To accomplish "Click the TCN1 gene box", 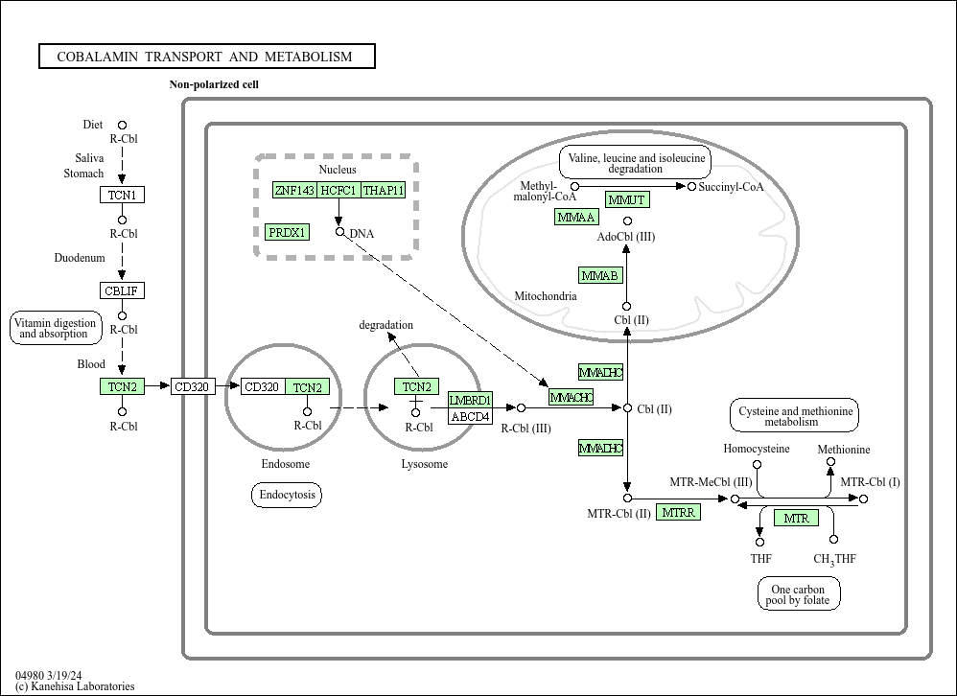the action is coord(122,195).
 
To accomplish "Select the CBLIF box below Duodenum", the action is coord(122,290).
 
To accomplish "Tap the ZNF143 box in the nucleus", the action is coord(294,190).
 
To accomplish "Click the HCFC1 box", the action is coord(338,190).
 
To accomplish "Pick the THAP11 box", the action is coord(384,190).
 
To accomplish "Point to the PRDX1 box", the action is coord(288,232).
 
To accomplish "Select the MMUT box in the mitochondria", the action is coord(627,199).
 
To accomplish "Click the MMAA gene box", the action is coord(576,217).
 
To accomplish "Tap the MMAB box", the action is coord(600,275).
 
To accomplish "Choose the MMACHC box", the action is coord(572,397).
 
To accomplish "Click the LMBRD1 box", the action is coord(471,400).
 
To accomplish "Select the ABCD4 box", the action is coord(471,416).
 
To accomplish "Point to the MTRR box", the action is coord(678,512).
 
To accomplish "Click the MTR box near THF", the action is coord(797,518).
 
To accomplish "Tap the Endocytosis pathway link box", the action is coord(287,494).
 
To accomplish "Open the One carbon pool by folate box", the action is coord(799,594).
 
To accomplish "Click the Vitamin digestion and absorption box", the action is coord(55,328).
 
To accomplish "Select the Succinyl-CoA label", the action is coord(731,187).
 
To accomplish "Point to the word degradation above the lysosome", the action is coord(385,325).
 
